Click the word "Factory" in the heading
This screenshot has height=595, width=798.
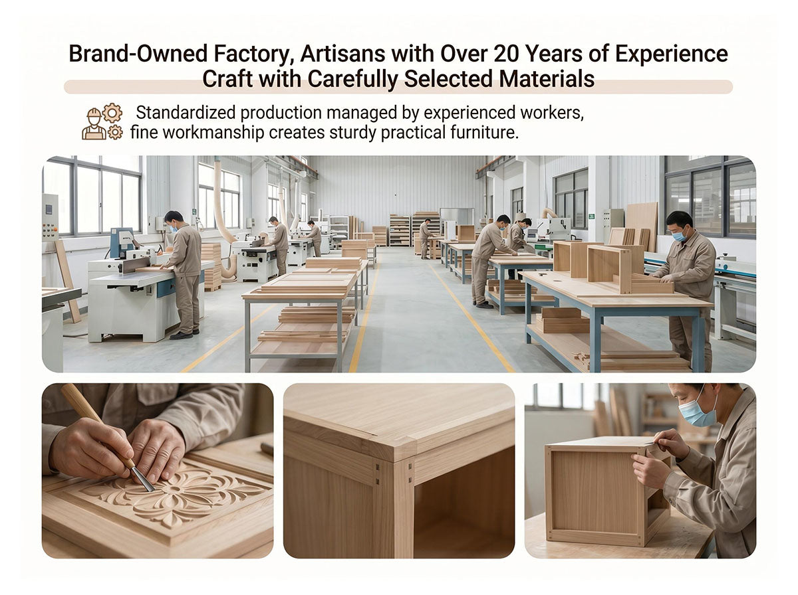click(253, 54)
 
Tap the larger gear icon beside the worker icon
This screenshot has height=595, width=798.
click(112, 114)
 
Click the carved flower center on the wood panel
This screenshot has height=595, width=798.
click(176, 489)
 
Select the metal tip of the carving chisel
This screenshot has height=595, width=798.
click(142, 479)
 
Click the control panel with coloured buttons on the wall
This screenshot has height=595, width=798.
click(50, 217)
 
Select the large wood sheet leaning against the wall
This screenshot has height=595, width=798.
click(642, 224)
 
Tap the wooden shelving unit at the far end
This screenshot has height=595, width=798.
click(400, 230)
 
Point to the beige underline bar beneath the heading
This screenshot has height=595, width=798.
click(398, 87)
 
